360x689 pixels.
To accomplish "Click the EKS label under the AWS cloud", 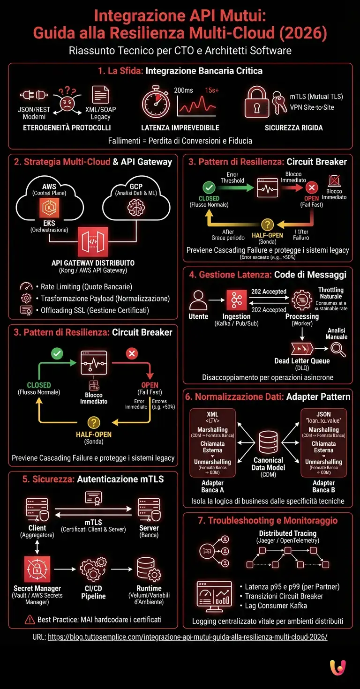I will (49, 224).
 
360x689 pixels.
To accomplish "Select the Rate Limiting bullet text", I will (87, 287).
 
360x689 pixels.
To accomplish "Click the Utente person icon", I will (198, 300).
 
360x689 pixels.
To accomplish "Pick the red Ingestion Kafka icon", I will (236, 300).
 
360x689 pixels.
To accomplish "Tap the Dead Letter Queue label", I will (302, 361).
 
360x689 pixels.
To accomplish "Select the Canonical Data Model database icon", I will (268, 441).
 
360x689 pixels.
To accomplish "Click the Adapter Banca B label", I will (323, 486).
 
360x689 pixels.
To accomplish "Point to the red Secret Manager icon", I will (37, 569).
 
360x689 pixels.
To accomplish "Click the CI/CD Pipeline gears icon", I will (93, 569).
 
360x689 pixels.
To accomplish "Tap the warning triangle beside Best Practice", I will (30, 620).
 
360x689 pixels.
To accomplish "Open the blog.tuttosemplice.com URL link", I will (187, 637).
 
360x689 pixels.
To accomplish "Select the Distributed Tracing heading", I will (287, 533).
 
